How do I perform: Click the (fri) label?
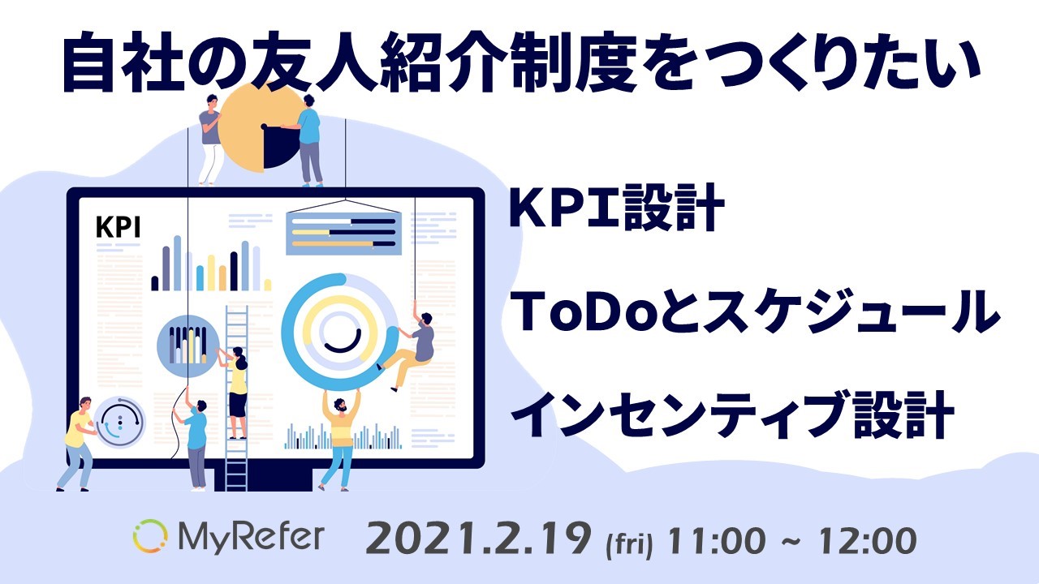click(629, 544)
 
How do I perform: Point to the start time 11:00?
click(716, 540)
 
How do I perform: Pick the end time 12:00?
click(868, 540)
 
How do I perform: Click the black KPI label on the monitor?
click(118, 227)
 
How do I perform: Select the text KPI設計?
click(616, 207)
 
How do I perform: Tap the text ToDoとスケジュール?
click(754, 311)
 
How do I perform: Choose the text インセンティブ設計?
click(732, 414)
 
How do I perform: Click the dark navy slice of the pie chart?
click(282, 148)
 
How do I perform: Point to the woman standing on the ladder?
click(235, 392)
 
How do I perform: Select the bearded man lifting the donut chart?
click(340, 440)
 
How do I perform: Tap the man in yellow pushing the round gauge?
click(78, 444)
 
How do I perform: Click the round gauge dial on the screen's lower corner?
click(119, 422)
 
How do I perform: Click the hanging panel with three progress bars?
click(343, 233)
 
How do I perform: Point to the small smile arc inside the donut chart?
click(343, 342)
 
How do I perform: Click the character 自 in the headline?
click(88, 61)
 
